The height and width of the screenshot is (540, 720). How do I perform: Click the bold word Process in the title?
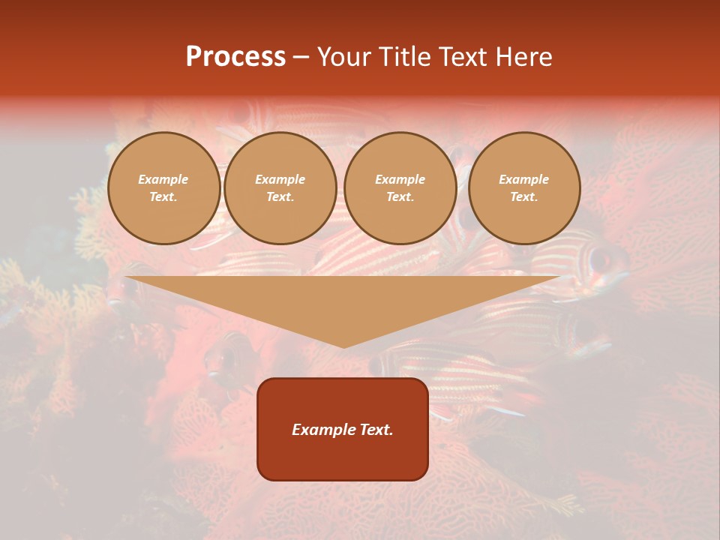point(235,57)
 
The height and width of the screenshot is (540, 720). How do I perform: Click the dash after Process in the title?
point(301,58)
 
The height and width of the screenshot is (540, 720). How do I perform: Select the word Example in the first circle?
point(163,179)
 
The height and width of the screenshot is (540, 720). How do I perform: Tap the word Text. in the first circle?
point(163,196)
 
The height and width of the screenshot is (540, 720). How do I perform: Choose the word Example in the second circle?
point(280,179)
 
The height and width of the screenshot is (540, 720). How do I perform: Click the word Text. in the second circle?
point(280,196)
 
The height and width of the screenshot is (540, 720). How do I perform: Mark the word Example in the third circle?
point(400,179)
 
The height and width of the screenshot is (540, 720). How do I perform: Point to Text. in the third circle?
point(400,196)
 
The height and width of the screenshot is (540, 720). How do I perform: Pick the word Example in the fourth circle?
point(524,179)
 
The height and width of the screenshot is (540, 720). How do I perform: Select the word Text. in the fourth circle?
point(524,196)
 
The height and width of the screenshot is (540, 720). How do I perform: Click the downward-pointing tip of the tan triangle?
point(343,346)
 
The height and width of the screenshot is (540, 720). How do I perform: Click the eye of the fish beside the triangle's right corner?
point(601,260)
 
